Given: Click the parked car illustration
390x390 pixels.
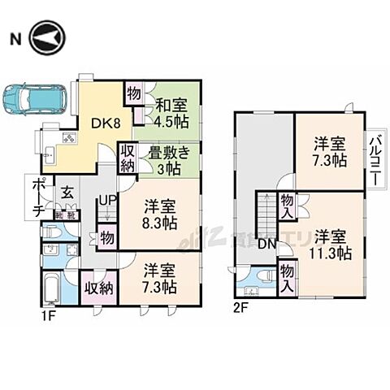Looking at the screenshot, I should [x=32, y=99].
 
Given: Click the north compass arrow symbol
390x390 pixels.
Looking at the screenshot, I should [x=45, y=39].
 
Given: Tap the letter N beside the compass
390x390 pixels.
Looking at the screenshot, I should [x=15, y=39].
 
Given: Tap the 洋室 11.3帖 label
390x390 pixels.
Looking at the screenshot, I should [x=331, y=245].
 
